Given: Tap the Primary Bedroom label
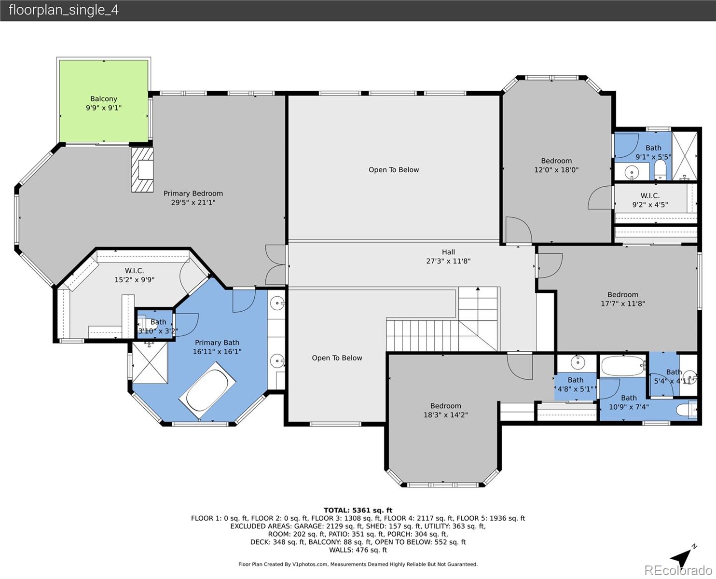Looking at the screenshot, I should pyautogui.click(x=193, y=198).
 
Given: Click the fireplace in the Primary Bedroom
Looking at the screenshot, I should pyautogui.click(x=143, y=170).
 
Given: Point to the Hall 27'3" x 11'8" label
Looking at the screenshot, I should pyautogui.click(x=448, y=256).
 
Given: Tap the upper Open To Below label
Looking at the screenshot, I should pyautogui.click(x=394, y=170).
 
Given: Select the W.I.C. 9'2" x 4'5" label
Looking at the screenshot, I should pyautogui.click(x=650, y=200).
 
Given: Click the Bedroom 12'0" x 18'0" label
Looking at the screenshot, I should pyautogui.click(x=556, y=165).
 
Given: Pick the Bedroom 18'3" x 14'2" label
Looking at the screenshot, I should pyautogui.click(x=446, y=410).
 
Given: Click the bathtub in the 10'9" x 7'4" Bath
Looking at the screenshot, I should pyautogui.click(x=623, y=366).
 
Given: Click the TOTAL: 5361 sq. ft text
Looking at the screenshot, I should pyautogui.click(x=358, y=510).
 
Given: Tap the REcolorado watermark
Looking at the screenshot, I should pyautogui.click(x=679, y=570).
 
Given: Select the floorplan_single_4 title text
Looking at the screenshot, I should pyautogui.click(x=63, y=10).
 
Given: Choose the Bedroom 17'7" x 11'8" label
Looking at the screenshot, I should pyautogui.click(x=622, y=299).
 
